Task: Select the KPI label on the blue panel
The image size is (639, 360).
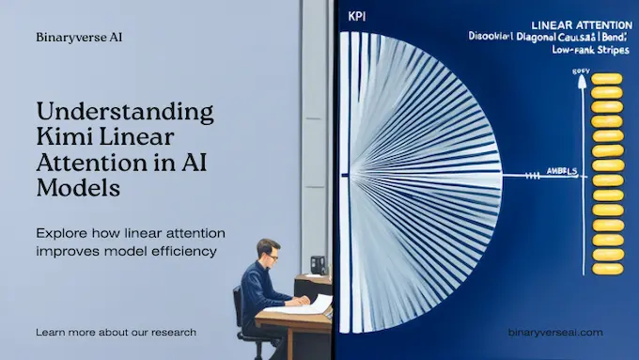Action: click(355, 17)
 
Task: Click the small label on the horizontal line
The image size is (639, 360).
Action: click(561, 172)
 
